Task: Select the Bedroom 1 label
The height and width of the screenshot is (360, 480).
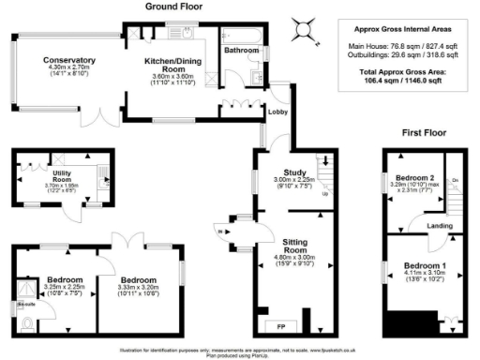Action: (424, 266)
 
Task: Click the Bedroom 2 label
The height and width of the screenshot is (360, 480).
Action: (415, 177)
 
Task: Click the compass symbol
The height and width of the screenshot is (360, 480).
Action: (303, 29)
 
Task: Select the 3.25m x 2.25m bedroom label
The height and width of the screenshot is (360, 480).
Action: (66, 279)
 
